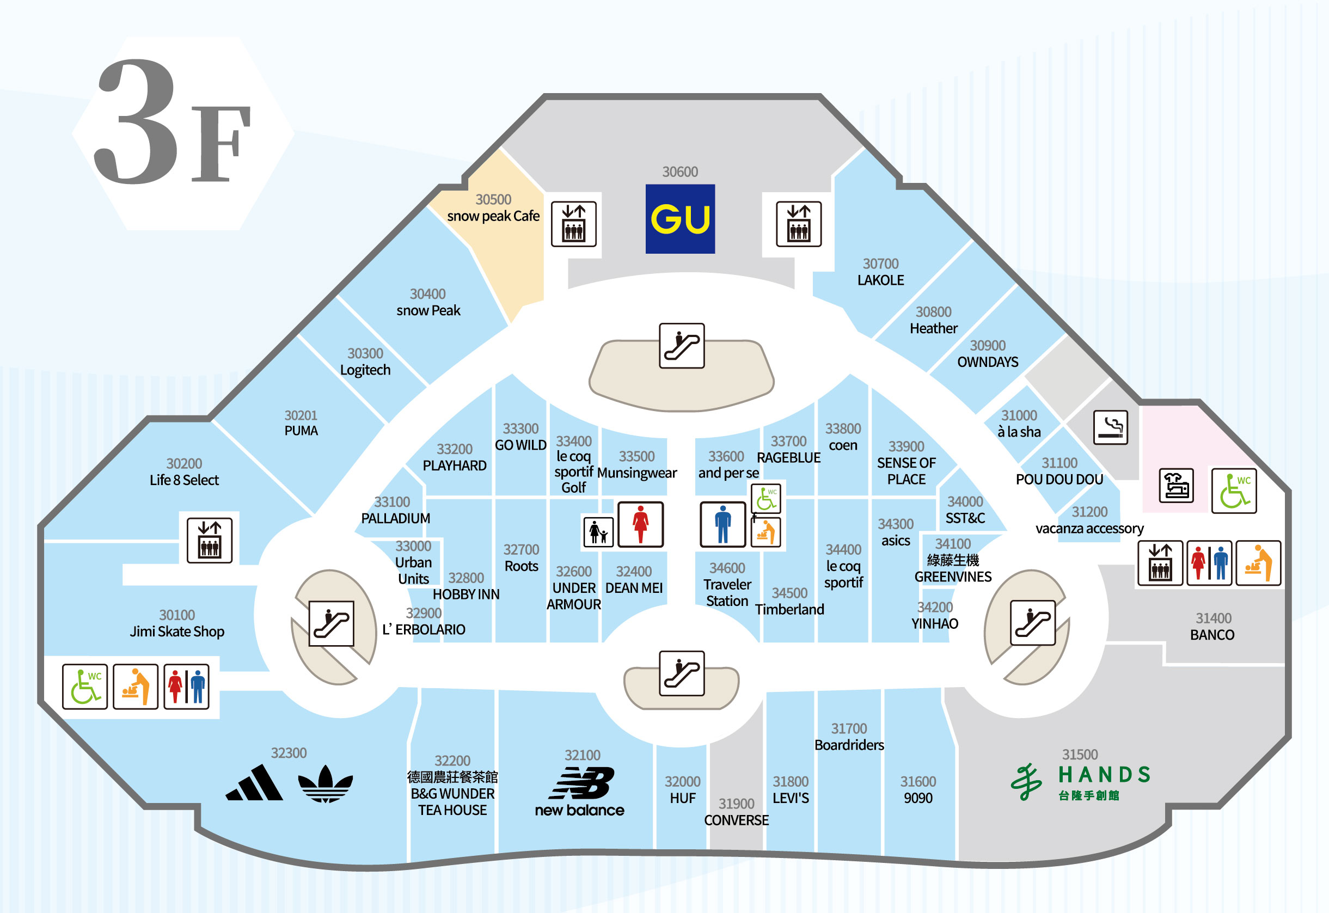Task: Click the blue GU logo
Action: (x=679, y=218)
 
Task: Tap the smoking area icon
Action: (x=1110, y=427)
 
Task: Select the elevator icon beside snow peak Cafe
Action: (x=573, y=224)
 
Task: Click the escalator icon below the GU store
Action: (x=681, y=346)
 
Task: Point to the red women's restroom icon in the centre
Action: (x=640, y=524)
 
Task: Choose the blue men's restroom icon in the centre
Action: (x=722, y=524)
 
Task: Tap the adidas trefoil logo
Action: (x=325, y=784)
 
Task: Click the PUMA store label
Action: (x=301, y=431)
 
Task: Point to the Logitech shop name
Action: (x=365, y=370)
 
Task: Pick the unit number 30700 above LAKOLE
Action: (x=880, y=264)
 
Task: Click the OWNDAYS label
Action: (x=988, y=362)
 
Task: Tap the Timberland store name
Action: (x=789, y=609)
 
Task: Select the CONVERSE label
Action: (x=736, y=820)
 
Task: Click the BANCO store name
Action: (x=1212, y=635)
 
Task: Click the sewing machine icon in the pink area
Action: (x=1175, y=486)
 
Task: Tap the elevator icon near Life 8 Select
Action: (x=210, y=541)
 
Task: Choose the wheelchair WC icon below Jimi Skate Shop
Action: (x=85, y=687)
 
